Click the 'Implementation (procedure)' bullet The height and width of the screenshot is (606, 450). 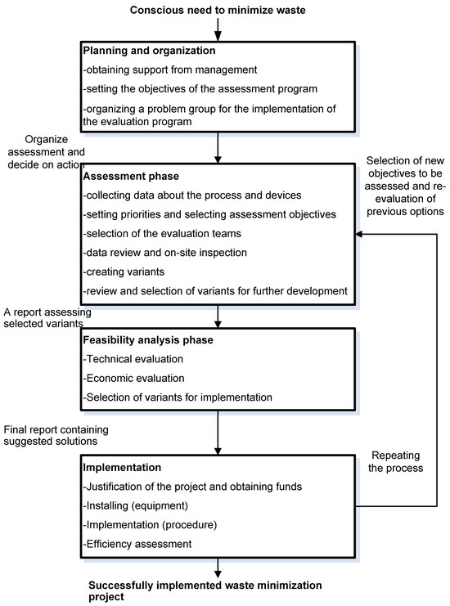pyautogui.click(x=144, y=524)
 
